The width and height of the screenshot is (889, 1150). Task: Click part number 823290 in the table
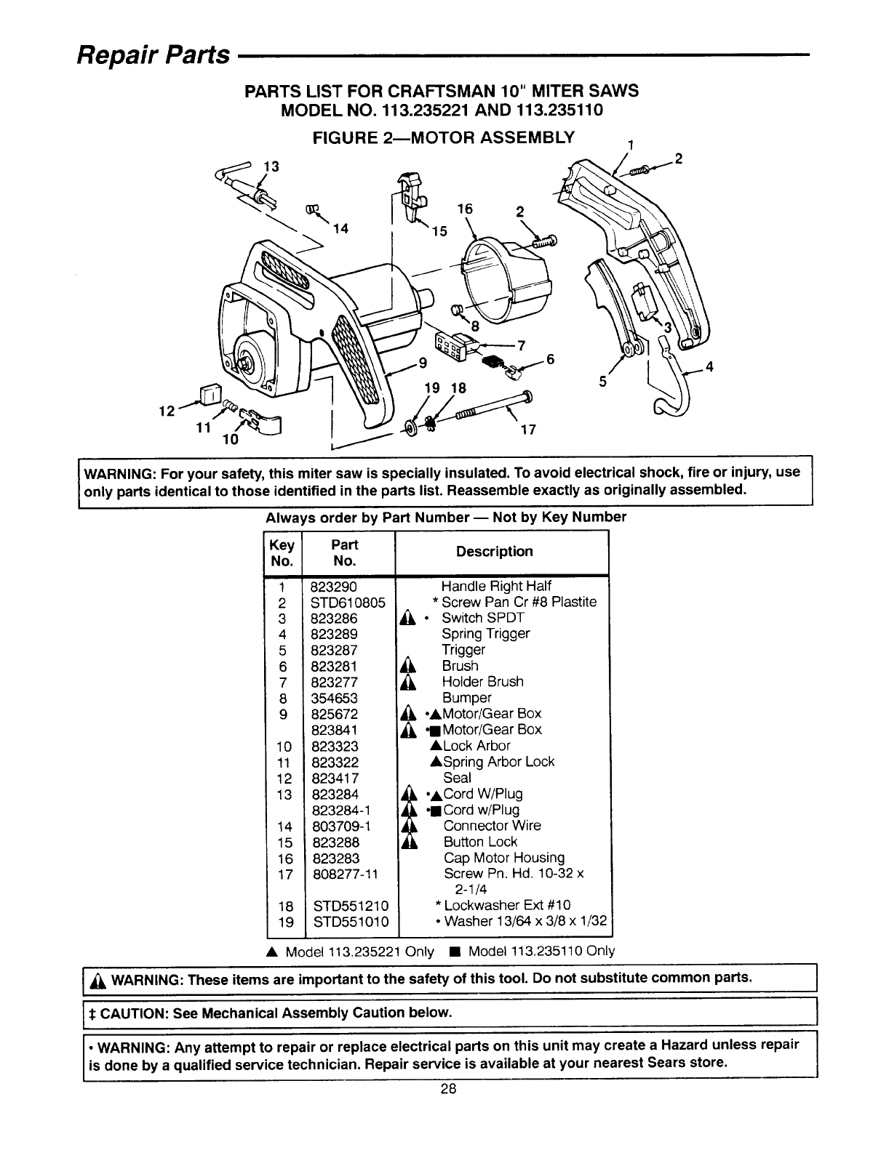pyautogui.click(x=332, y=586)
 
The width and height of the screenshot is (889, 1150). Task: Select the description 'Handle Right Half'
pyautogui.click(x=496, y=586)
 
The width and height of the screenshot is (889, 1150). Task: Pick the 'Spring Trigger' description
pyautogui.click(x=486, y=634)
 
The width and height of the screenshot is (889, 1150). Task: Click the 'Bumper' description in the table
pyautogui.click(x=466, y=698)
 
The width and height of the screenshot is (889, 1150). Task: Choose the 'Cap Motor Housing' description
pyautogui.click(x=503, y=858)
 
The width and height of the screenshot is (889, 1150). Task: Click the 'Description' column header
pyautogui.click(x=494, y=552)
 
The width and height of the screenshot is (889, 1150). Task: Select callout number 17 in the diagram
pyautogui.click(x=528, y=430)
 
